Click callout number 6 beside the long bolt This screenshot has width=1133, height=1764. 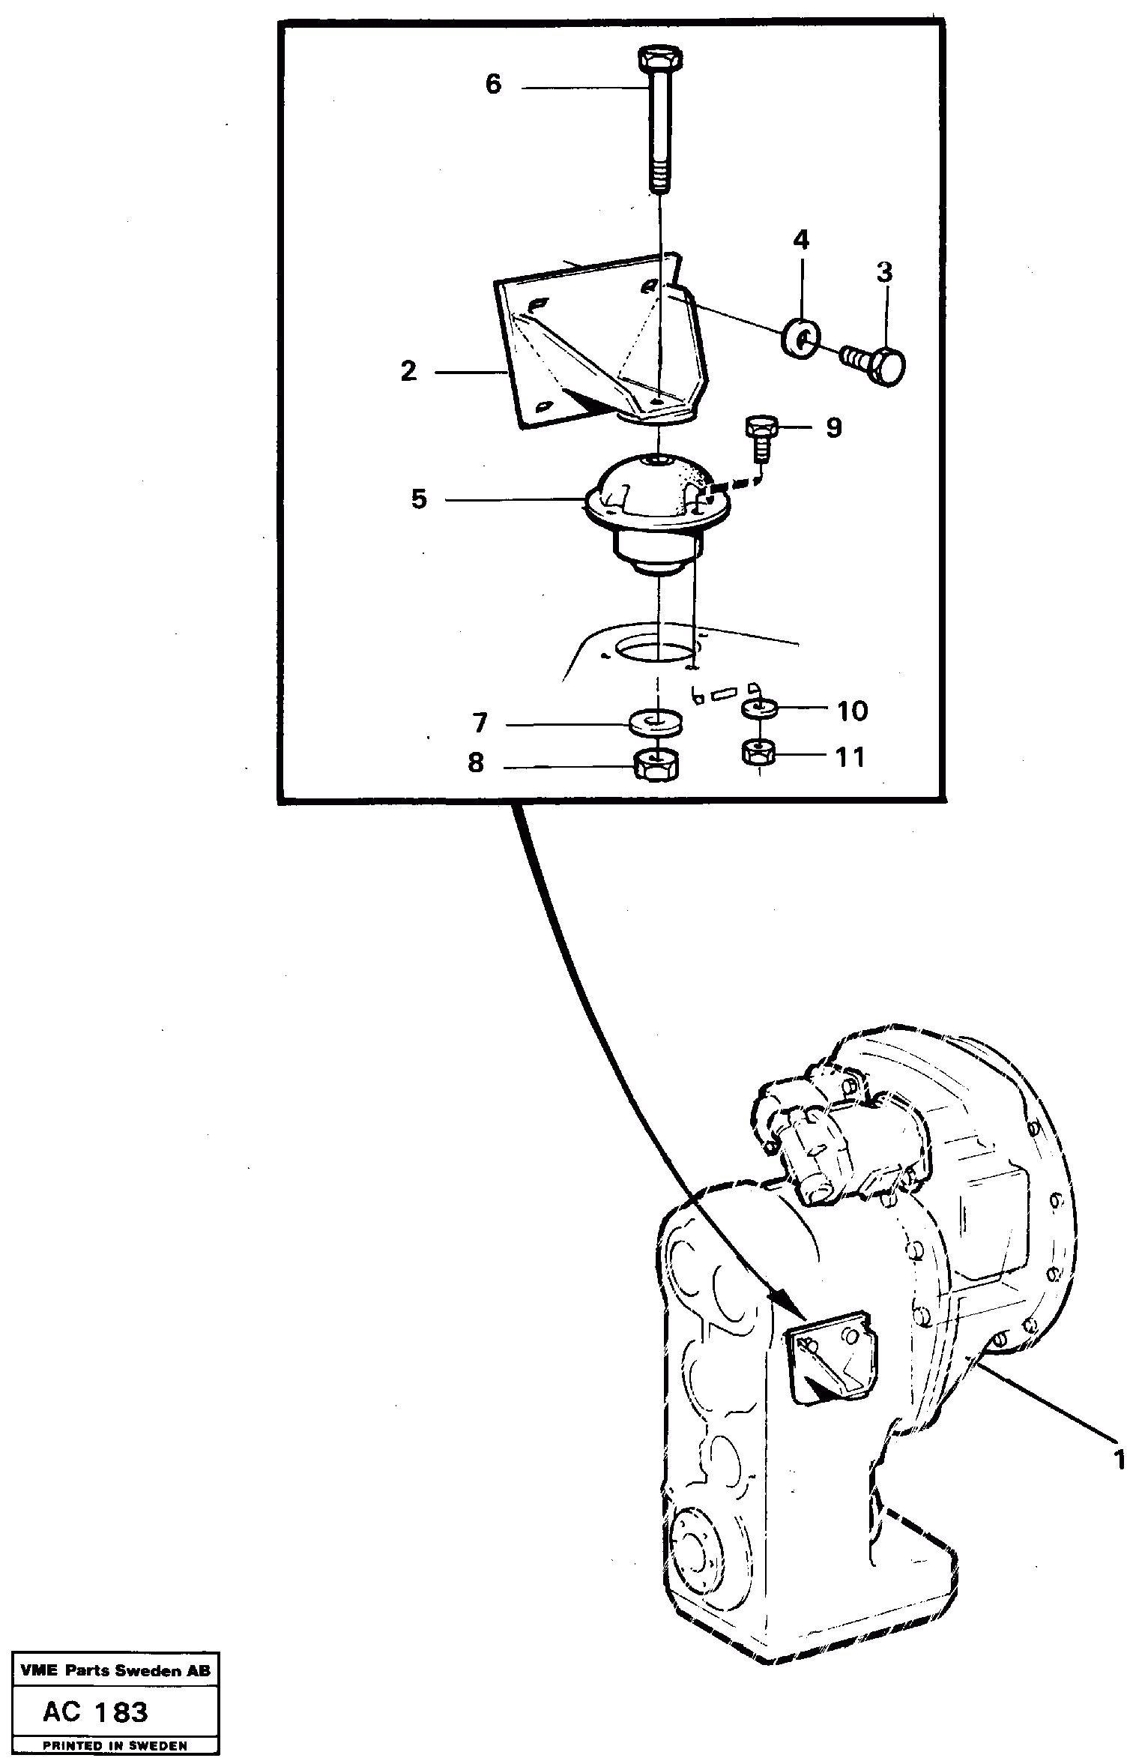(x=492, y=84)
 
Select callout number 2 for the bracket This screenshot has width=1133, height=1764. (x=408, y=371)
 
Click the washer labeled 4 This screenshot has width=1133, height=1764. (x=801, y=339)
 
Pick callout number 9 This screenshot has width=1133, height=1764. (x=833, y=427)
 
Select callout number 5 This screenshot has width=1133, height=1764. (x=419, y=499)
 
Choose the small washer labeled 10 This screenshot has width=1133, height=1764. (x=759, y=708)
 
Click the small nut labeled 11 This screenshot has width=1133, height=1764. (x=758, y=752)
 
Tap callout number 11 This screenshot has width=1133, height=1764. (x=850, y=757)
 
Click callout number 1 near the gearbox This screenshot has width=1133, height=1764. (x=1120, y=1460)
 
